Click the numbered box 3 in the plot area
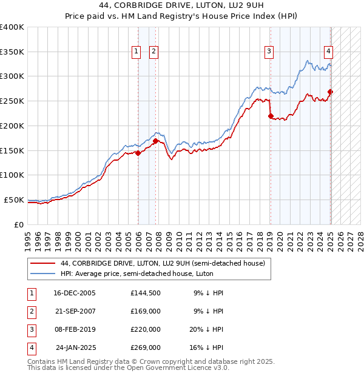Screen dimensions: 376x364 pos(268,52)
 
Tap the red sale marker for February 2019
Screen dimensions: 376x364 pos(271,116)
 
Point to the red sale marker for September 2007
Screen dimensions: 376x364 pos(155,141)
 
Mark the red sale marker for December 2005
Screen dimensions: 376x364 pos(138,153)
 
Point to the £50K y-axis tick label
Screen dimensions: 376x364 pos(14,200)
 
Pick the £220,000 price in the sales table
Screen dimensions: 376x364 pos(146,330)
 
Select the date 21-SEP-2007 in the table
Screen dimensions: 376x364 pos(75,311)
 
